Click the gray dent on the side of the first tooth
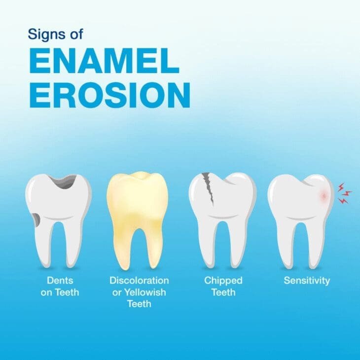pyautogui.click(x=36, y=217)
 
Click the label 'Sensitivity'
pyautogui.click(x=307, y=281)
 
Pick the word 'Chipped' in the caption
pyautogui.click(x=223, y=281)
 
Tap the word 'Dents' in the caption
pyautogui.click(x=60, y=281)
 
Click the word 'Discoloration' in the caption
pyautogui.click(x=139, y=281)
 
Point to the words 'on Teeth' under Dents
pyautogui.click(x=60, y=292)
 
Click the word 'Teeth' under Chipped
pyautogui.click(x=223, y=292)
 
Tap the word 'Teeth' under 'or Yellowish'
pyautogui.click(x=139, y=304)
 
